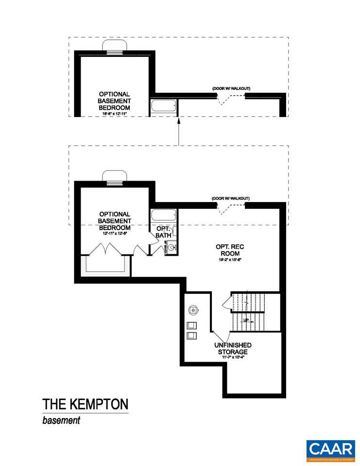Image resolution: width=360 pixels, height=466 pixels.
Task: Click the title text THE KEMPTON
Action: [85, 404]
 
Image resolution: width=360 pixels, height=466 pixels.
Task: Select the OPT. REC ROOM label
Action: [230, 250]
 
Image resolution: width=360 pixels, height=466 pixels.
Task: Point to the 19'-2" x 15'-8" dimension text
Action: [230, 260]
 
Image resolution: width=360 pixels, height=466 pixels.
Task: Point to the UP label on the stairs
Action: [246, 320]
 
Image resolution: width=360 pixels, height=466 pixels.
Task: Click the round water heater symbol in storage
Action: [193, 309]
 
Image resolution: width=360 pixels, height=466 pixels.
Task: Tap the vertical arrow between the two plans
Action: [179, 132]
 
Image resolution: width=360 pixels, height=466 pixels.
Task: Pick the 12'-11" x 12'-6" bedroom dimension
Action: [115, 233]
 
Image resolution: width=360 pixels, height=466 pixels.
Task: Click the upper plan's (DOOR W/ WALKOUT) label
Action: [231, 88]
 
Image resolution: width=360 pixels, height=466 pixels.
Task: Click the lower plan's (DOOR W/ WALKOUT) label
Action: [231, 199]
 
